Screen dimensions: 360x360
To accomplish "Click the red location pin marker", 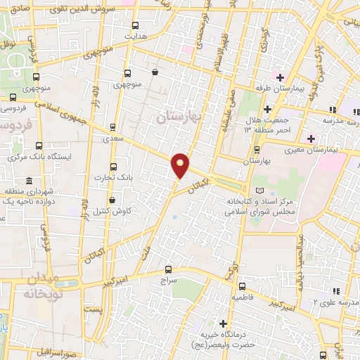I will (181, 165).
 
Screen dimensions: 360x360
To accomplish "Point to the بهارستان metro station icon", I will (257, 149).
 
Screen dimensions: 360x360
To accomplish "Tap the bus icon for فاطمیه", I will (242, 286).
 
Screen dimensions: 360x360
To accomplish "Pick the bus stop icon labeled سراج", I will (168, 269).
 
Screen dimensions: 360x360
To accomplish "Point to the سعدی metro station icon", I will (112, 129).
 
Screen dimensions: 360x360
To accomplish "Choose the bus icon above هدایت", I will (127, 22).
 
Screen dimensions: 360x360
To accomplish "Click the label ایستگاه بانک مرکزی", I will (39, 156).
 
